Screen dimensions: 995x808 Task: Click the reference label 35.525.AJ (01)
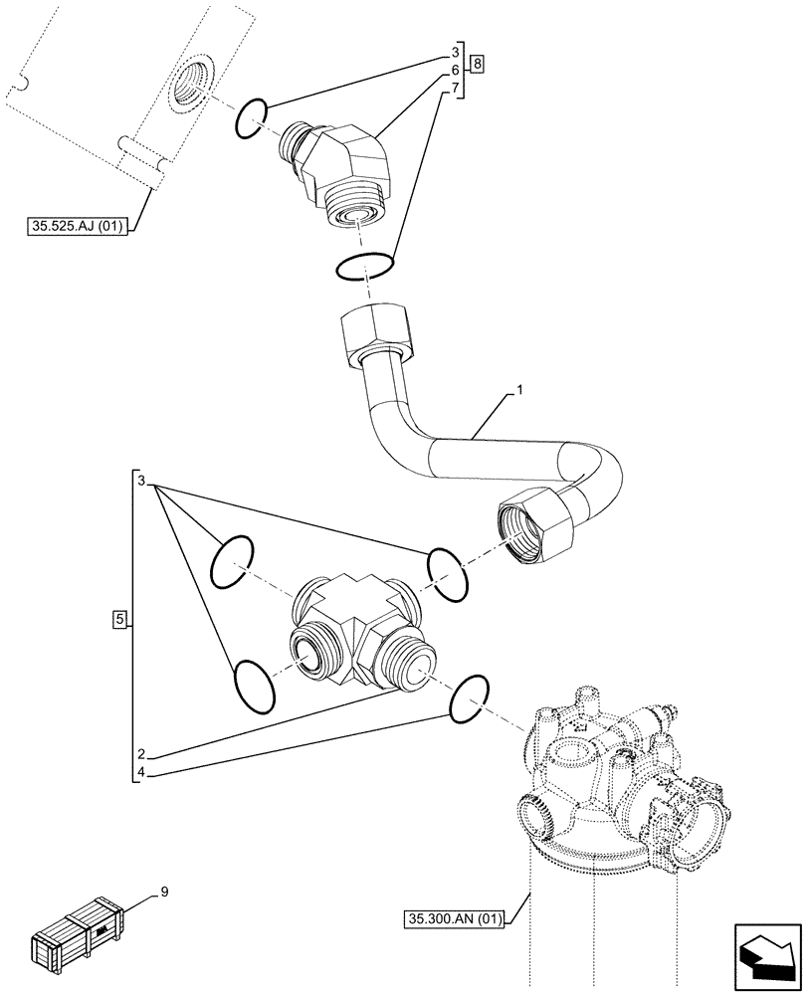(x=76, y=227)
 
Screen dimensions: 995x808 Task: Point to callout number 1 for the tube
(x=518, y=395)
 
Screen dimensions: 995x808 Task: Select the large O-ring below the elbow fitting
(x=365, y=266)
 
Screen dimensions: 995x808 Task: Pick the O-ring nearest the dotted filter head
(x=470, y=700)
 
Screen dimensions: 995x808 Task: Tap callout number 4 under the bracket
(x=143, y=772)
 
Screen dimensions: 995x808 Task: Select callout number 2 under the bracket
(x=143, y=753)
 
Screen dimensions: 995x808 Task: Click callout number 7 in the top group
(x=455, y=90)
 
